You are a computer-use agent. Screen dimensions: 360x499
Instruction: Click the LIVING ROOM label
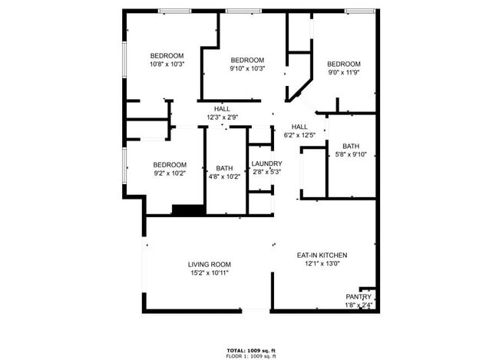pyautogui.click(x=210, y=264)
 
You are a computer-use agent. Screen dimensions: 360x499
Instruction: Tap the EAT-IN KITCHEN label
pyautogui.click(x=322, y=255)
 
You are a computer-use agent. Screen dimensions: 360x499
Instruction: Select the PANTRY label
pyautogui.click(x=359, y=297)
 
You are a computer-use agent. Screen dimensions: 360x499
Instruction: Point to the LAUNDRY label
pyautogui.click(x=266, y=164)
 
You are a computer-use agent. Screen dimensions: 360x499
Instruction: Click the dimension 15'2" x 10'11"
pyautogui.click(x=210, y=272)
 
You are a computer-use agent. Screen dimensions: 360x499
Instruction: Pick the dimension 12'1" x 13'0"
pyautogui.click(x=322, y=263)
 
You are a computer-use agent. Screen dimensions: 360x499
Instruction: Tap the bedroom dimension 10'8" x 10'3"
pyautogui.click(x=167, y=64)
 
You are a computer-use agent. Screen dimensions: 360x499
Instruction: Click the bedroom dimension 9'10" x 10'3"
pyautogui.click(x=247, y=69)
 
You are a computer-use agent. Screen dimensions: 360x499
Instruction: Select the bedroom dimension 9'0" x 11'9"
pyautogui.click(x=343, y=73)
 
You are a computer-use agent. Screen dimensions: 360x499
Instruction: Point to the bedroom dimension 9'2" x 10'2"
pyautogui.click(x=169, y=173)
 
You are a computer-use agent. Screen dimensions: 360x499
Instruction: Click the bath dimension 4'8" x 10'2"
pyautogui.click(x=224, y=177)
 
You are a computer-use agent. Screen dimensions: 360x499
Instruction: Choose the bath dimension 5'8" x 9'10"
pyautogui.click(x=351, y=154)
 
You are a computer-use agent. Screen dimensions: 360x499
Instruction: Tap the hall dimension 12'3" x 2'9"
pyautogui.click(x=222, y=117)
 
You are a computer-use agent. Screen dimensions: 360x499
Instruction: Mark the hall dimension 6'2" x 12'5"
pyautogui.click(x=299, y=135)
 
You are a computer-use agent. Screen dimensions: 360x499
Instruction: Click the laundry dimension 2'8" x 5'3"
pyautogui.click(x=266, y=172)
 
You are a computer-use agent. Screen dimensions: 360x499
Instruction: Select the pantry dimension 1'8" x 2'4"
pyautogui.click(x=359, y=305)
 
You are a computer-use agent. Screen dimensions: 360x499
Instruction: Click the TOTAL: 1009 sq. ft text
pyautogui.click(x=251, y=351)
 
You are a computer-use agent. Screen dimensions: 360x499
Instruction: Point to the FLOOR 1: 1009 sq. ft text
pyautogui.click(x=251, y=357)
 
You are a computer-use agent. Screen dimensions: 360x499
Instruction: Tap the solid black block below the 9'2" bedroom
pyautogui.click(x=188, y=209)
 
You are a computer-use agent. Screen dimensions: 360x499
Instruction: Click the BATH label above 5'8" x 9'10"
pyautogui.click(x=351, y=146)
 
